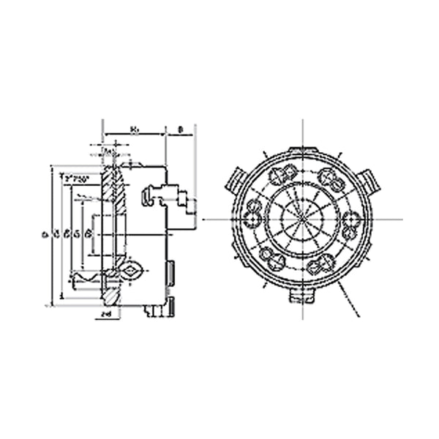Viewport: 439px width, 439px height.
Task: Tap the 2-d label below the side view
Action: [x=106, y=313]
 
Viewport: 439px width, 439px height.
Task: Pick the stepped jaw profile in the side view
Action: [x=169, y=196]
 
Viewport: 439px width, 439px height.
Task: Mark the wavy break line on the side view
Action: [x=87, y=278]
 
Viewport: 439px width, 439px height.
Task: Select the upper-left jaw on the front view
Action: [x=239, y=179]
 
